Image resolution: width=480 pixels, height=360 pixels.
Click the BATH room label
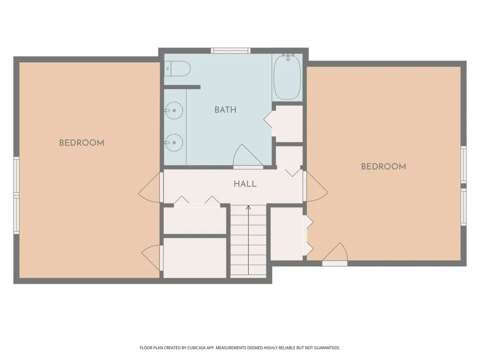pos(225,109)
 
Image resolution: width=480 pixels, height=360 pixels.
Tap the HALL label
pos(245,184)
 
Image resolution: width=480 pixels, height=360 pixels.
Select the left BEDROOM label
pos(82,143)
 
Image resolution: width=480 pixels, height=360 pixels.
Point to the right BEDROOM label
pos(384,167)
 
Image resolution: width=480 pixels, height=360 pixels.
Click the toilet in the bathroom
pos(177,69)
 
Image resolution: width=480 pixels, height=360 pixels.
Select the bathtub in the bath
pos(287,77)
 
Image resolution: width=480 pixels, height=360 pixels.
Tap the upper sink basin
pos(174,110)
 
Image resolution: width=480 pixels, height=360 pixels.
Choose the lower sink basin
pos(174,143)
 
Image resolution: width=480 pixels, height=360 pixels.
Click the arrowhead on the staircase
pos(248,207)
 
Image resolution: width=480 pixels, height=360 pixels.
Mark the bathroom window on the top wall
pos(231,50)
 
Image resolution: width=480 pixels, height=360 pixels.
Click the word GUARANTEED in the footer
pos(327,348)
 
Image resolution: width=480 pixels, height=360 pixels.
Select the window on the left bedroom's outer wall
pos(16,195)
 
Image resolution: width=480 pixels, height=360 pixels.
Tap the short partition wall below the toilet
pos(182,87)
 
